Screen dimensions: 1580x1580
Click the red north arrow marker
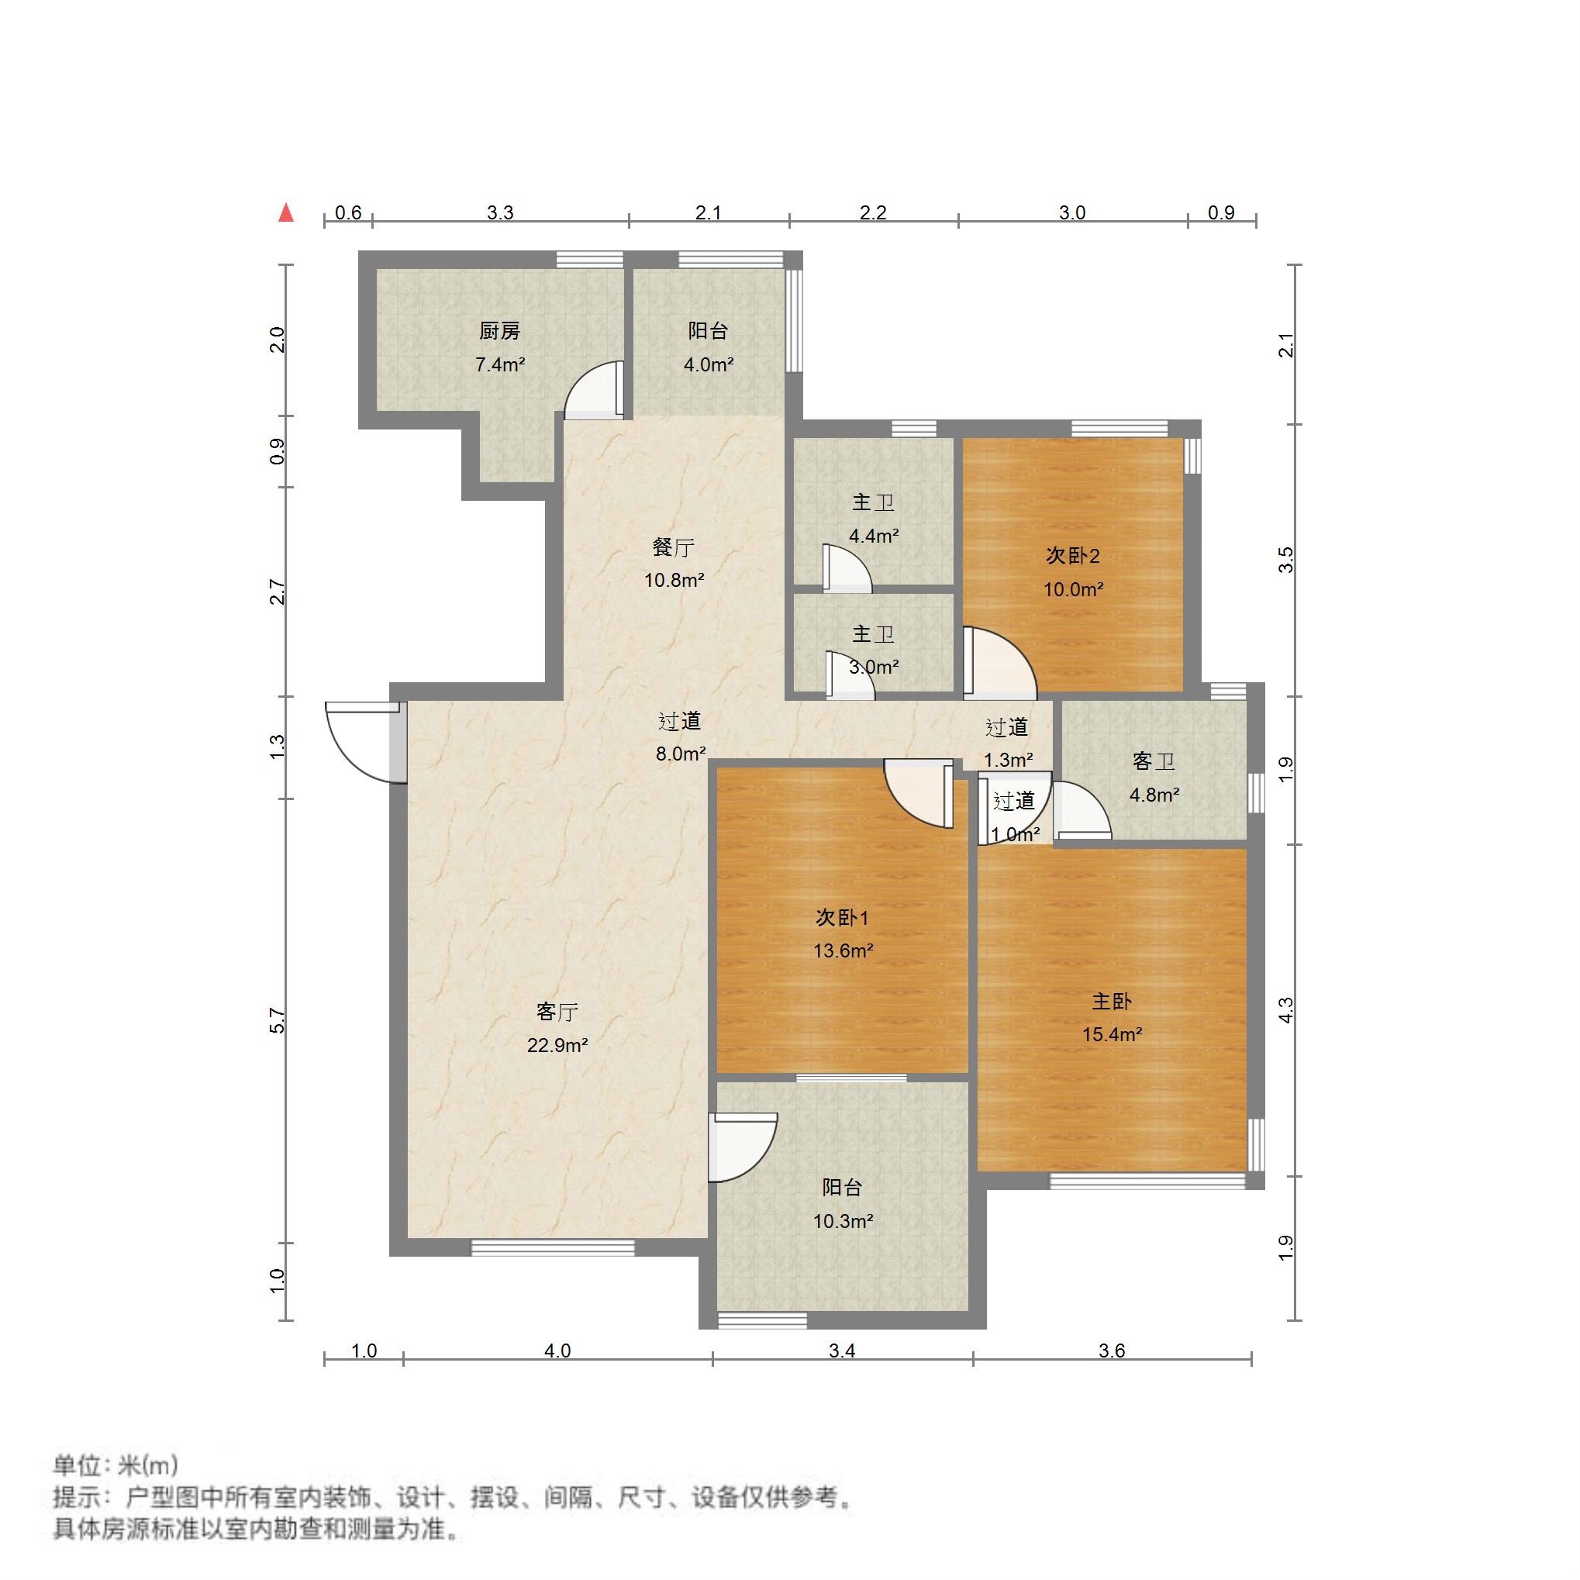pos(285,212)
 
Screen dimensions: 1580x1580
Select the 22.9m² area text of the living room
pos(557,1045)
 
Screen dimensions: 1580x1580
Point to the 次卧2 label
pos(1072,556)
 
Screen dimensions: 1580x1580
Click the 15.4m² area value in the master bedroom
pos(1112,1034)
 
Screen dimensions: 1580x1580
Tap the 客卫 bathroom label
pos(1153,761)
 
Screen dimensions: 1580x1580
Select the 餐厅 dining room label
pos(673,547)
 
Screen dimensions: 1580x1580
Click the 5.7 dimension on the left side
pos(278,1020)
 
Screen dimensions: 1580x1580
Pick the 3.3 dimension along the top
pos(500,212)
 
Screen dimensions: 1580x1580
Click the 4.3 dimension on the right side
pos(1285,1010)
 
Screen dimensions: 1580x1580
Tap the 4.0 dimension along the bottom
pos(557,1351)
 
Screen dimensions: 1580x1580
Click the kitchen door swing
pos(593,391)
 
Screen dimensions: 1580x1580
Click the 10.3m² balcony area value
pos(843,1221)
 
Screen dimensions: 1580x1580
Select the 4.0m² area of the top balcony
pos(709,364)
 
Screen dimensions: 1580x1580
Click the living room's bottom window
pos(553,1248)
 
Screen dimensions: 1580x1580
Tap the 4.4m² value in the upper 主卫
pos(874,536)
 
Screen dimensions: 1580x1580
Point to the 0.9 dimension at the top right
pos(1220,212)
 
